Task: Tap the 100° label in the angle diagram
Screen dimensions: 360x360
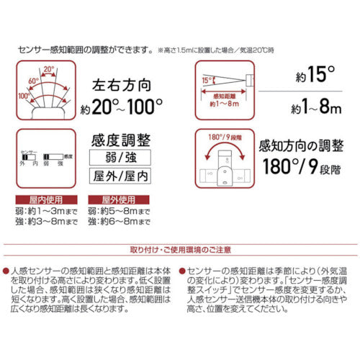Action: pyautogui.click(x=23, y=95)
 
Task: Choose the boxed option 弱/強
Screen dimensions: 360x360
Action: pyautogui.click(x=119, y=155)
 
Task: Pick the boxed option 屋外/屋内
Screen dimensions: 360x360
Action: pyautogui.click(x=119, y=175)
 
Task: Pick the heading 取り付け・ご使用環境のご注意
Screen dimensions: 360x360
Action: pyautogui.click(x=180, y=250)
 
